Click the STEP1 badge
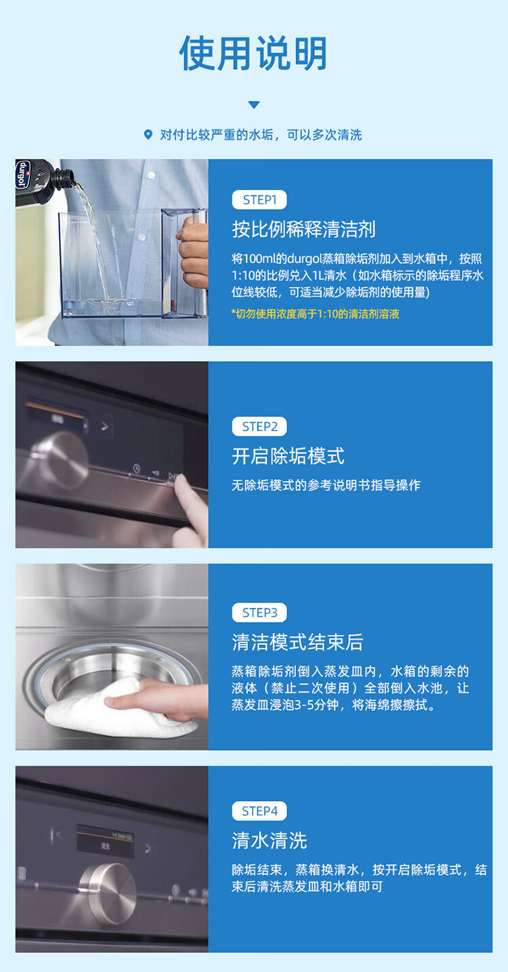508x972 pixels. (259, 199)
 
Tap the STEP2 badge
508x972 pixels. (259, 427)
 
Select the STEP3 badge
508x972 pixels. (259, 613)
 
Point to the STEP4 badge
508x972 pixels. (259, 811)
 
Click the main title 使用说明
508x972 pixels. (253, 54)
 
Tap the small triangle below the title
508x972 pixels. (254, 104)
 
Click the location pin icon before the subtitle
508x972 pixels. (148, 134)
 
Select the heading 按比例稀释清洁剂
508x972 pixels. (304, 229)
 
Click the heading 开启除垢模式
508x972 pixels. (289, 456)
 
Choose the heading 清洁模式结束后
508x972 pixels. (297, 642)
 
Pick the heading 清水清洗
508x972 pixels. (269, 840)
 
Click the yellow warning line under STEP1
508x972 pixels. (315, 314)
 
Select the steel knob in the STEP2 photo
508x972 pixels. (61, 460)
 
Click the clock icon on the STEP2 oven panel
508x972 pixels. (137, 468)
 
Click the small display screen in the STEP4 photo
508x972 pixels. (105, 841)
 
